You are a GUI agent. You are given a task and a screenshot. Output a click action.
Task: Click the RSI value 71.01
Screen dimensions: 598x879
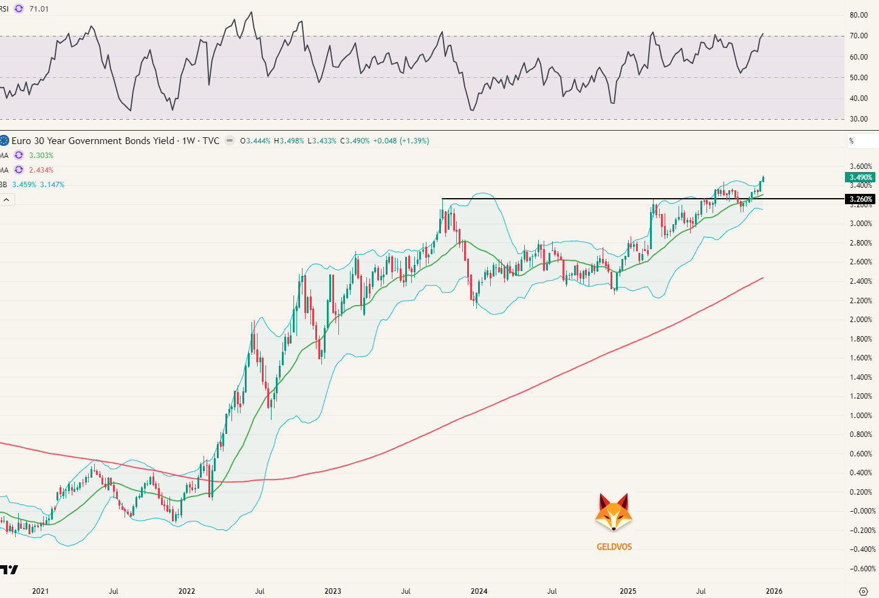39,9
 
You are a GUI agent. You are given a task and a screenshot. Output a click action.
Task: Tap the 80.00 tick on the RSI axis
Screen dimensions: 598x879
858,15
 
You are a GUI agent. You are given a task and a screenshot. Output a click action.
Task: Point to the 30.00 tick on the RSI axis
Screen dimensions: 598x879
858,119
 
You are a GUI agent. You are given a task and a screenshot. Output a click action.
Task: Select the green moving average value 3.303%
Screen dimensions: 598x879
41,156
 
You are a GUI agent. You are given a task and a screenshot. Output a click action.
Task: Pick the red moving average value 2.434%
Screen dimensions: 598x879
41,170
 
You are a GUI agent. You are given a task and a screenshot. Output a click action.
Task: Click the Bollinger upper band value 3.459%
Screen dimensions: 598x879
24,185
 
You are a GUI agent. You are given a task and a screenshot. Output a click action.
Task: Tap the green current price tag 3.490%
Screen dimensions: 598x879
860,177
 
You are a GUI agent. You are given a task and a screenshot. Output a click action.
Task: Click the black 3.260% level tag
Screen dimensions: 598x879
860,199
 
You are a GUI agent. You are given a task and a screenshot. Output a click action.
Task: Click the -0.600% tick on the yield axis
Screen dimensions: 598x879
862,569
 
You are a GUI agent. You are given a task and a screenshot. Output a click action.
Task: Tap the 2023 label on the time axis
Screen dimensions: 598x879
333,591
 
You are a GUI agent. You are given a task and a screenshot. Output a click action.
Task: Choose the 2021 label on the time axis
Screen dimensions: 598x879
40,591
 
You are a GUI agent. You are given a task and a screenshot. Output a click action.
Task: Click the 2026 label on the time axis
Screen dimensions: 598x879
774,591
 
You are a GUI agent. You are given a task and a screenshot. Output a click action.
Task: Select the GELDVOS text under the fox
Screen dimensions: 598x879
614,547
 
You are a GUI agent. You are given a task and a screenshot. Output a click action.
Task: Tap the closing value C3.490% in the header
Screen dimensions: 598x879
355,141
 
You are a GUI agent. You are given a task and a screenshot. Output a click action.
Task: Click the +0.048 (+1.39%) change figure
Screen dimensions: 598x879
401,141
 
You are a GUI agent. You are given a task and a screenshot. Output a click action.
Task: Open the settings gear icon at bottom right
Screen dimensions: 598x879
863,591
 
